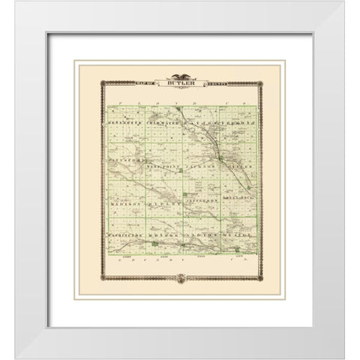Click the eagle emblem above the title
pos(179,75)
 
